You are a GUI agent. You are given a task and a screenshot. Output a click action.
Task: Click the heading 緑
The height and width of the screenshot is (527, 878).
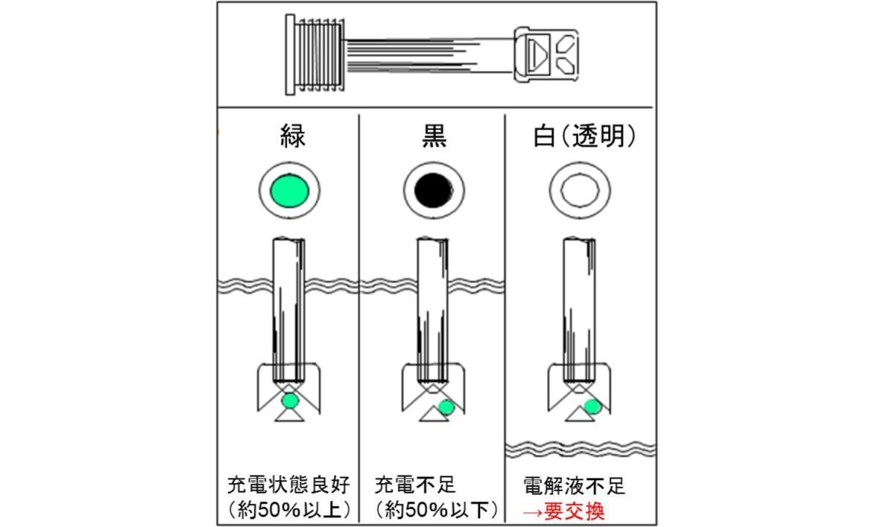coord(293,136)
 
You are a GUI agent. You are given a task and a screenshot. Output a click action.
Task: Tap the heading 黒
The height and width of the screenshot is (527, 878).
coord(434,136)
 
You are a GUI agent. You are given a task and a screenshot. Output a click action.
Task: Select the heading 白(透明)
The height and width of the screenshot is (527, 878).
coord(584,136)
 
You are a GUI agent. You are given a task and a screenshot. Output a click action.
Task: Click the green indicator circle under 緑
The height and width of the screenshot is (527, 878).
coord(289,190)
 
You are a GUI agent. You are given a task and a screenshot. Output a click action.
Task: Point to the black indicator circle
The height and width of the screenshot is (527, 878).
coord(433,190)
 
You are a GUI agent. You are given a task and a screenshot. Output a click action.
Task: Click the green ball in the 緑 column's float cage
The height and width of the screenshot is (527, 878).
coord(290,401)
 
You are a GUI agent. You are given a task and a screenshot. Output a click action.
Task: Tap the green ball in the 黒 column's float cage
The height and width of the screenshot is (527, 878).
coord(446,408)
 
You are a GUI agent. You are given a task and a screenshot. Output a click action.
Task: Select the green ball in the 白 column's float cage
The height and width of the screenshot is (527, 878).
coord(592,407)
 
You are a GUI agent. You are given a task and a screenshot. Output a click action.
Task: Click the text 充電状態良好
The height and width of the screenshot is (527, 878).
coord(288,485)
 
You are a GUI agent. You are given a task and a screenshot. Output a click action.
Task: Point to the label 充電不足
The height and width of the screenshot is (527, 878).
coord(415,485)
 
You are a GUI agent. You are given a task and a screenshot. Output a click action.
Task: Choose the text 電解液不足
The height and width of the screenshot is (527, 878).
coord(574,486)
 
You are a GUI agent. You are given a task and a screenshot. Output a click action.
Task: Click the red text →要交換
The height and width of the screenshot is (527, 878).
coord(563,511)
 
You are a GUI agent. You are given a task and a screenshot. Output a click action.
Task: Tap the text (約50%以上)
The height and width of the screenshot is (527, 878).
coord(290,510)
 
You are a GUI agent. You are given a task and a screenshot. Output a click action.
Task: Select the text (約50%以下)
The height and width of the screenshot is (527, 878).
coord(436,510)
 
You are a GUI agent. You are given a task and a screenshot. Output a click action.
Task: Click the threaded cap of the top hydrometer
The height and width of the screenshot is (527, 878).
coord(315,54)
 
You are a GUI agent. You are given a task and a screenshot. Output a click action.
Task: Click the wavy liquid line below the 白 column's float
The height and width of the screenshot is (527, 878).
coord(580,449)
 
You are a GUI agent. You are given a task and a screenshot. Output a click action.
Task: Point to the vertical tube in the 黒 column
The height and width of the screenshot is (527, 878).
coord(432,310)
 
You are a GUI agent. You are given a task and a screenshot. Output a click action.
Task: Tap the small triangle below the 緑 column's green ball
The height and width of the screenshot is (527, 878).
coord(290,416)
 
